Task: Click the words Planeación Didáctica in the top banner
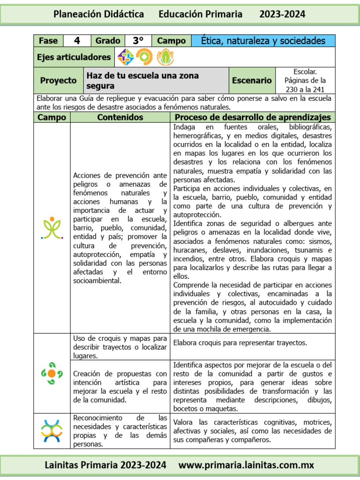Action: click(x=98, y=15)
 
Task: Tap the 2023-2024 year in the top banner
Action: click(x=282, y=15)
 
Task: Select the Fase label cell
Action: click(x=48, y=41)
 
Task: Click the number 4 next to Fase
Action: click(x=77, y=41)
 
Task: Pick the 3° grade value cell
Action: click(x=138, y=41)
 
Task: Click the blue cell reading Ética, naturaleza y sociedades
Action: click(x=263, y=41)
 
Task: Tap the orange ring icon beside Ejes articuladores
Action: click(x=144, y=57)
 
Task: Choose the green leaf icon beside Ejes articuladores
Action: click(x=165, y=57)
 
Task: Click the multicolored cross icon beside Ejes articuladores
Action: click(x=125, y=57)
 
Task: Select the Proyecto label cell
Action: click(x=58, y=80)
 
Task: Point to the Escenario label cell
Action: click(x=252, y=80)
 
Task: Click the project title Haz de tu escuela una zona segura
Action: click(x=142, y=81)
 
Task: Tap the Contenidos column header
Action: click(x=120, y=117)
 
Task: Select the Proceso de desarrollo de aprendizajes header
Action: click(x=253, y=117)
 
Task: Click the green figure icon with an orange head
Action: click(x=52, y=228)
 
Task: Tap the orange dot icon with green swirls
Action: click(x=52, y=373)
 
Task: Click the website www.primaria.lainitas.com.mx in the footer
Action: click(x=247, y=465)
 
